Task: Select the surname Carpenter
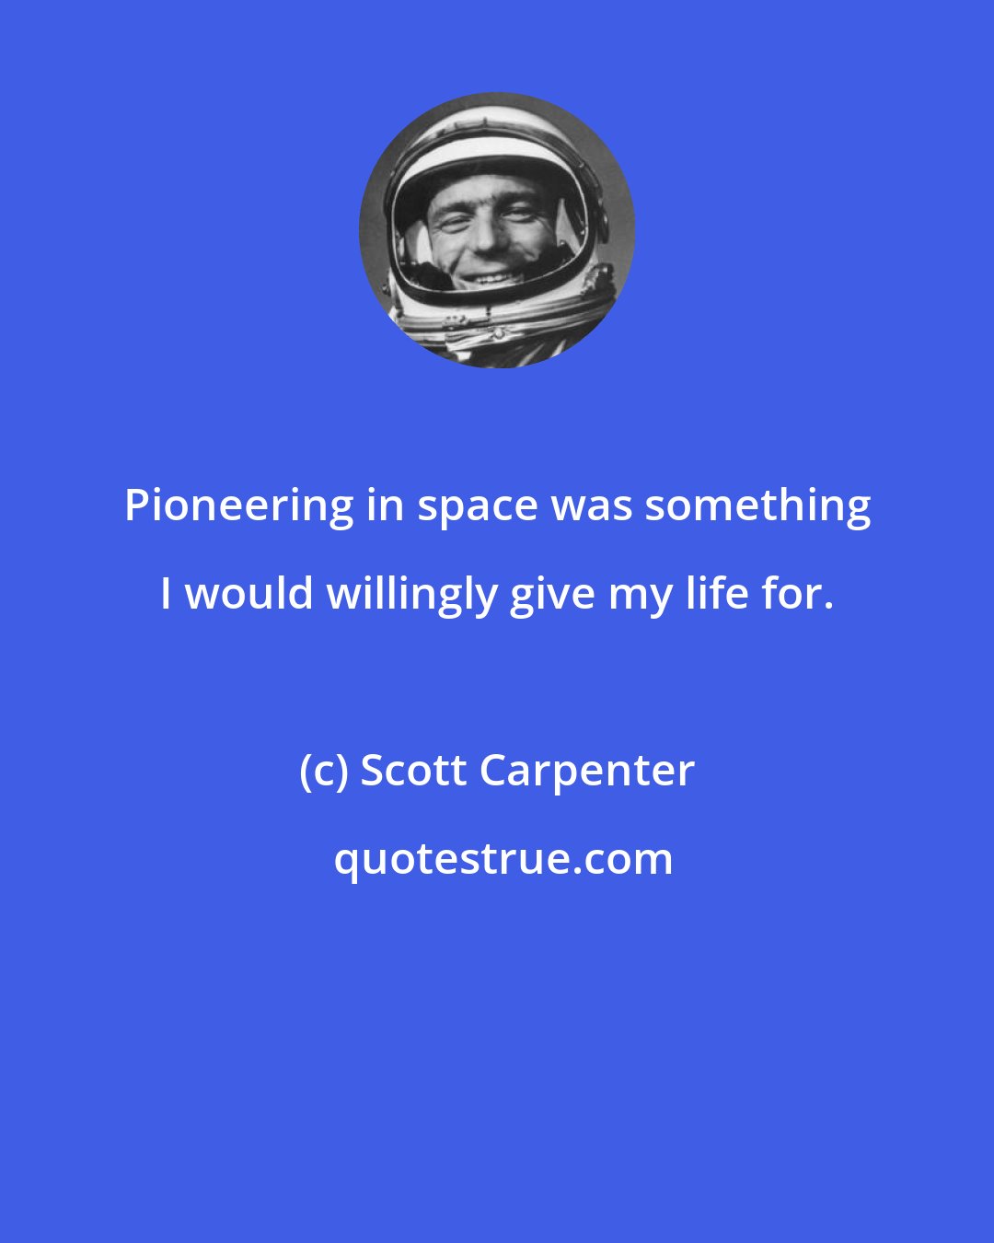[587, 773]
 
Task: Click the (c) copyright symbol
[323, 772]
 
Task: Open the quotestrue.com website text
[503, 860]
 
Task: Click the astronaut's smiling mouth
[489, 276]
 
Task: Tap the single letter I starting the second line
[166, 594]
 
